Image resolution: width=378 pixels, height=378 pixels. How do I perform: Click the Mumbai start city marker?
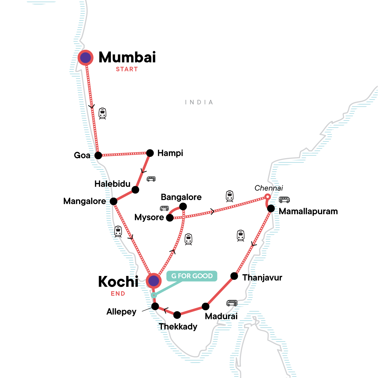(x=85, y=58)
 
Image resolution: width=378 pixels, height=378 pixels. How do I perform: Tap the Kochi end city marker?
(x=154, y=281)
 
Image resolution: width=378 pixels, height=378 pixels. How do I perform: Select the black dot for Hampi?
(x=150, y=153)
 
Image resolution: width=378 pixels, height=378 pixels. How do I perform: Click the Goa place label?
(x=82, y=155)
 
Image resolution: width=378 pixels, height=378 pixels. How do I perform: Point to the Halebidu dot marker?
(x=135, y=190)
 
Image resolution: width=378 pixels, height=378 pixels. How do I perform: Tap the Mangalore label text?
(x=84, y=201)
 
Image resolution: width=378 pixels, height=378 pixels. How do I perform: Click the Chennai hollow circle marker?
(x=267, y=197)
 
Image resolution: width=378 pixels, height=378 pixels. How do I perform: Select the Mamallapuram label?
(x=308, y=211)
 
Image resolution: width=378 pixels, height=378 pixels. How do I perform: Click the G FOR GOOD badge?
(x=192, y=276)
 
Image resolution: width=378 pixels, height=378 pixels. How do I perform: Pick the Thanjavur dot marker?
(x=234, y=276)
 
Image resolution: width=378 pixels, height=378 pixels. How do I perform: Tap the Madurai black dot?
(x=205, y=306)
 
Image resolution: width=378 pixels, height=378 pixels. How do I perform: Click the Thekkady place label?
(x=178, y=327)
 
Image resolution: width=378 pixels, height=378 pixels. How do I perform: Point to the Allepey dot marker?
(x=155, y=306)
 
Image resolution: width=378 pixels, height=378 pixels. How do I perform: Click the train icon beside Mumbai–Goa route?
(x=102, y=113)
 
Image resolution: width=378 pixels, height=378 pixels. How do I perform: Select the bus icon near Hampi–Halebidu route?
(x=151, y=179)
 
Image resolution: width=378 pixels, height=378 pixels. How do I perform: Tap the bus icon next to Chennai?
(x=284, y=200)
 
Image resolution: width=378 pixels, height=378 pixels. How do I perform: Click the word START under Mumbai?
(x=127, y=69)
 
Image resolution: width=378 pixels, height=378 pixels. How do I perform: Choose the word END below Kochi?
(x=118, y=294)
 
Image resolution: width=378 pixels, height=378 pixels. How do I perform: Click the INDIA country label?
(x=199, y=102)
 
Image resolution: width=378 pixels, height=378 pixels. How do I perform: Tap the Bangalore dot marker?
(x=183, y=207)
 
